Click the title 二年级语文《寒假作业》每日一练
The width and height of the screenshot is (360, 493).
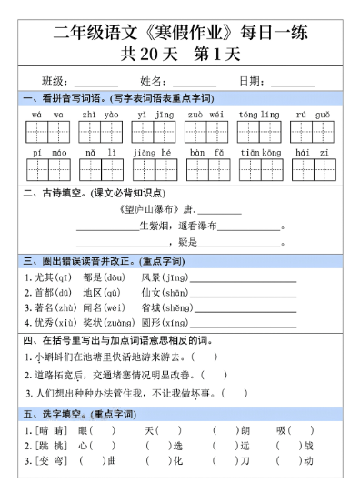tap(180, 35)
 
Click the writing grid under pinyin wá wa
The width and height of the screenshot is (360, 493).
tap(47, 132)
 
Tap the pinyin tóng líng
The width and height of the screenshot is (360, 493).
tap(259, 116)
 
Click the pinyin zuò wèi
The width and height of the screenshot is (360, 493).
tap(205, 116)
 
